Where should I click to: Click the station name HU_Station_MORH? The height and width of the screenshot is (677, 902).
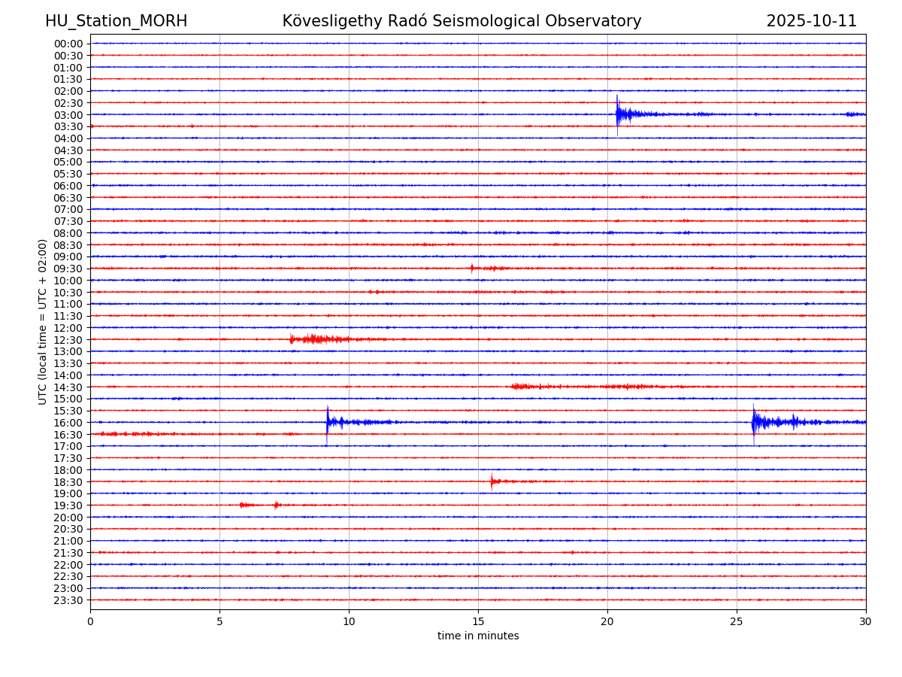click(116, 21)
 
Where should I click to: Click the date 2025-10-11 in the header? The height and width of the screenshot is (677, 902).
click(811, 21)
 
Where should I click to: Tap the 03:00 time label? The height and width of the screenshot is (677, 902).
click(68, 115)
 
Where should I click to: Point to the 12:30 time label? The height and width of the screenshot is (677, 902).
click(68, 340)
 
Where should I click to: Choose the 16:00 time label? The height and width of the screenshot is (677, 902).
click(68, 423)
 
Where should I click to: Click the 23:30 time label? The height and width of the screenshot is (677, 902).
click(68, 600)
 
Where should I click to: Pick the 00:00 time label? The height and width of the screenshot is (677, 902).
click(68, 44)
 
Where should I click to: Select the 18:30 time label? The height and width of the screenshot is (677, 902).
click(68, 482)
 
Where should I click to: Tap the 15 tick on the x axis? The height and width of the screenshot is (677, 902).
click(478, 622)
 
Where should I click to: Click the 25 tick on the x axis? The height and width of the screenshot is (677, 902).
click(737, 622)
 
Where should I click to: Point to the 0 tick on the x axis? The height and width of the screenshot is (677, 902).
click(90, 622)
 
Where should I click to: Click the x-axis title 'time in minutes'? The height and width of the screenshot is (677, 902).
click(478, 636)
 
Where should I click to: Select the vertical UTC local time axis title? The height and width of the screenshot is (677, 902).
click(43, 322)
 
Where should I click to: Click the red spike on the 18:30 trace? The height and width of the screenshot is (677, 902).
click(492, 481)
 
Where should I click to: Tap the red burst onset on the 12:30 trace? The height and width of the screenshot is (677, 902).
click(292, 339)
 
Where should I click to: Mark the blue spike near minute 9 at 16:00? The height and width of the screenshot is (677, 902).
click(327, 422)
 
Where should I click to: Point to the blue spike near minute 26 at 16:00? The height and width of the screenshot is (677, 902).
click(753, 422)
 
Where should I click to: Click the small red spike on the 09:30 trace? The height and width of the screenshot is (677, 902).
click(472, 268)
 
